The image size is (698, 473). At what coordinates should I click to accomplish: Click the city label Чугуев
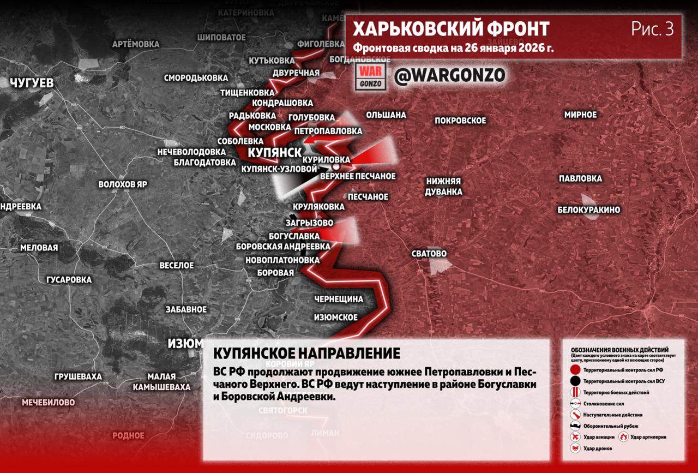[32, 83]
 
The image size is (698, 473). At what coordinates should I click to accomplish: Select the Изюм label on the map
[184, 343]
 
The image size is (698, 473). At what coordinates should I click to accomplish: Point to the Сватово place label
[429, 254]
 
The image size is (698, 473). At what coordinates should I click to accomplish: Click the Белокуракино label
[588, 209]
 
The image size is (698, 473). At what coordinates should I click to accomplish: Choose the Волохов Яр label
[123, 184]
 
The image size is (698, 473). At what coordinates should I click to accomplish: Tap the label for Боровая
[275, 272]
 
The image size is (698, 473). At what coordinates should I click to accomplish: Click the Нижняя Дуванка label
[444, 186]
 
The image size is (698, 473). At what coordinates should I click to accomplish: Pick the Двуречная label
[296, 73]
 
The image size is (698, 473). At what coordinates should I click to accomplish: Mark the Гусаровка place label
[69, 279]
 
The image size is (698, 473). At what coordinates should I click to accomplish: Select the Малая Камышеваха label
[161, 382]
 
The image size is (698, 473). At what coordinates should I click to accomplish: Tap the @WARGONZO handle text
[449, 75]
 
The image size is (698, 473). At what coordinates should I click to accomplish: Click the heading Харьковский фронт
[451, 29]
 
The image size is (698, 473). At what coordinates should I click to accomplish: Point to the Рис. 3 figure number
[652, 29]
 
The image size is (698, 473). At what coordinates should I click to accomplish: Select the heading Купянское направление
[307, 353]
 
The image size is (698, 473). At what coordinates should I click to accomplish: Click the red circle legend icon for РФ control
[575, 370]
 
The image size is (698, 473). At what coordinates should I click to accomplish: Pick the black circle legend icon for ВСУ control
[575, 381]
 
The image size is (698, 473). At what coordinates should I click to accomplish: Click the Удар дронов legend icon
[575, 448]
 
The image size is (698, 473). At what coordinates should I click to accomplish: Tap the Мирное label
[580, 115]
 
